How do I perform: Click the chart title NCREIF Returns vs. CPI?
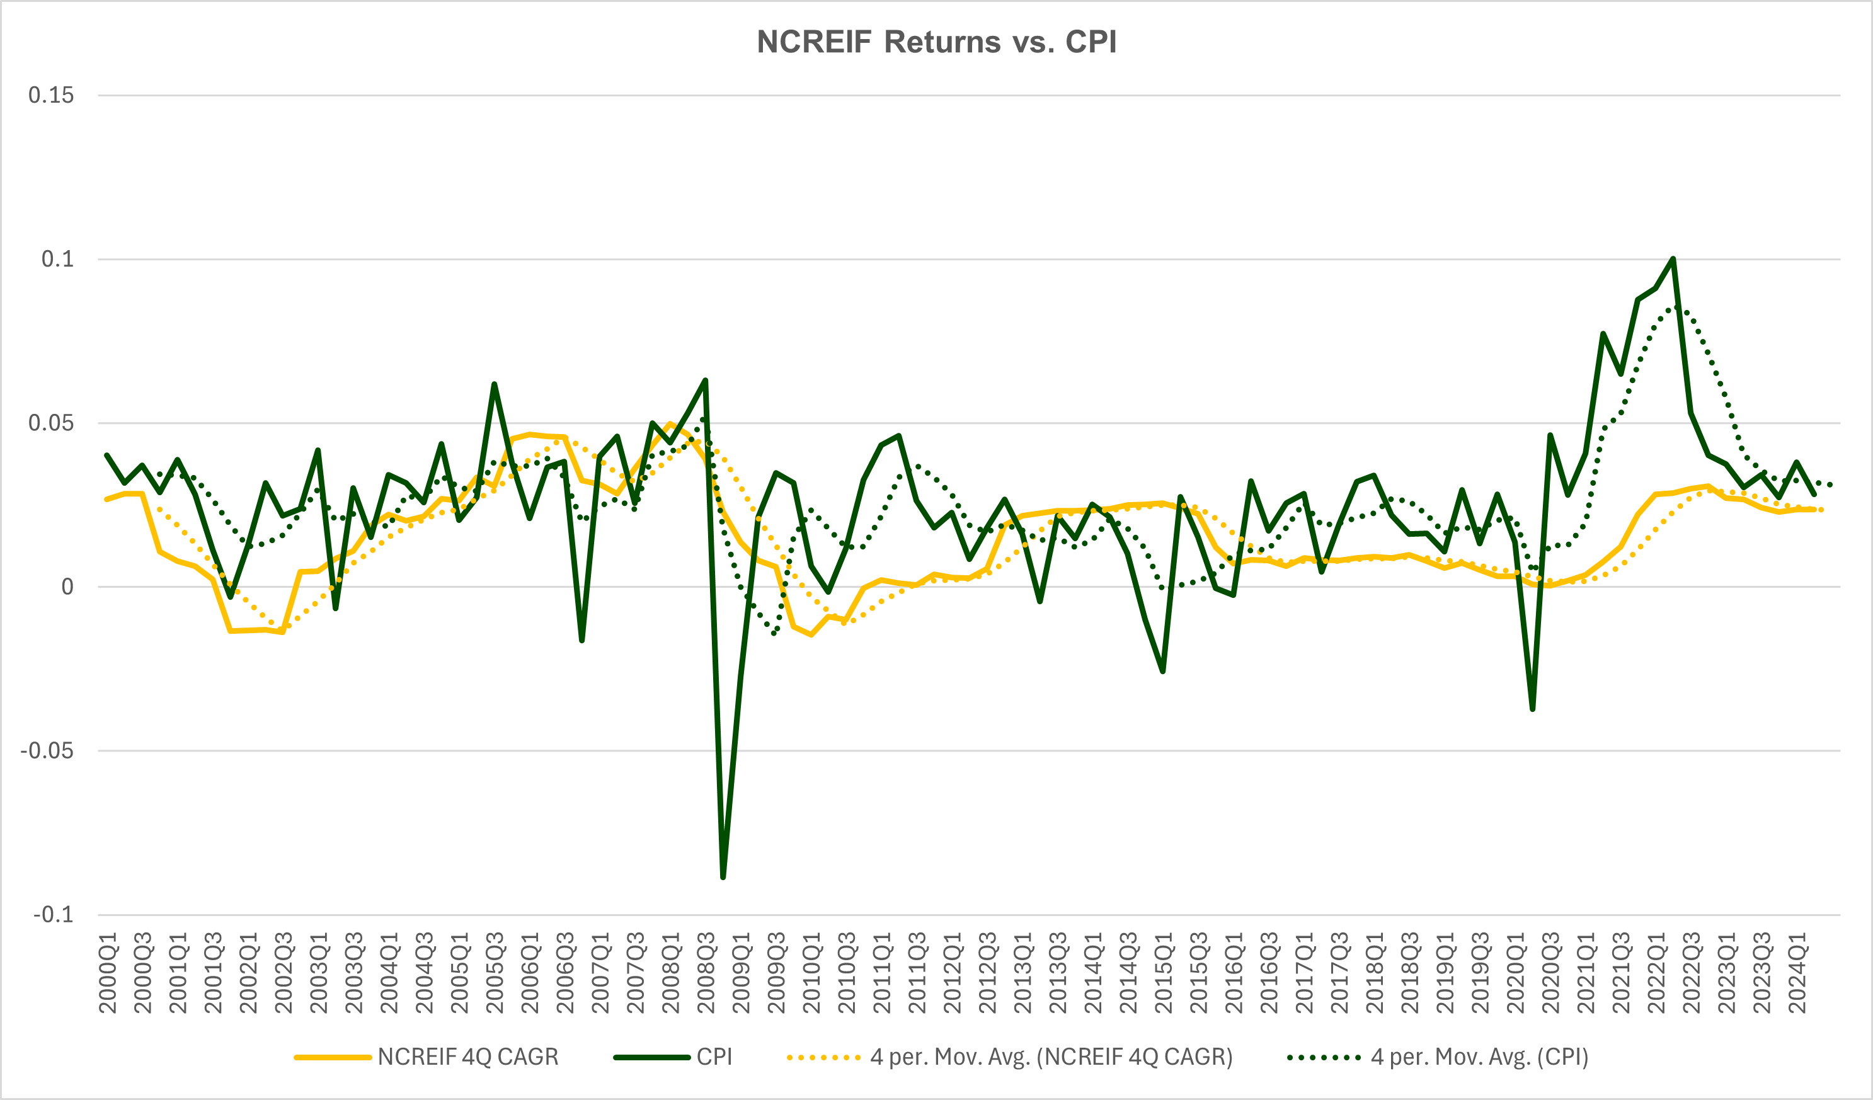936,42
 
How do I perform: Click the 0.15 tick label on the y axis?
51,95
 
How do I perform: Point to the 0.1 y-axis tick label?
57,260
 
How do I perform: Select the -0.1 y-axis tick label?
54,914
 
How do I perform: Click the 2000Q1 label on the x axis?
108,973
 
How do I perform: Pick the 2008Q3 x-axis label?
706,973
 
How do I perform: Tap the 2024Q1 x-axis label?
1797,973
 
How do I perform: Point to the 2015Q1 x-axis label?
1164,973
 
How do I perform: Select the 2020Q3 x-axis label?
1550,973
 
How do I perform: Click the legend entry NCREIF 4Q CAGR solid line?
427,1057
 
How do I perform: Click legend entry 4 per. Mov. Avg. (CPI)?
1438,1057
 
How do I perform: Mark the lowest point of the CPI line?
723,878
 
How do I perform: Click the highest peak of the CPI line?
1673,259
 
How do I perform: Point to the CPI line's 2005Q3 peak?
495,384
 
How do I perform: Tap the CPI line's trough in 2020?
1533,709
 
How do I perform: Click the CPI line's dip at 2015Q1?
1163,672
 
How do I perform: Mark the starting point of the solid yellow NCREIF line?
107,500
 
